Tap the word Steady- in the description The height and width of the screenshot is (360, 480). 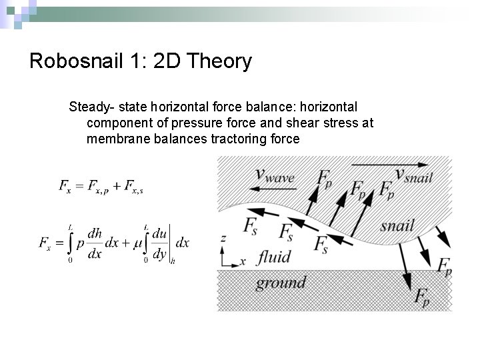click(x=89, y=107)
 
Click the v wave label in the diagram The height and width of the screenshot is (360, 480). click(x=275, y=175)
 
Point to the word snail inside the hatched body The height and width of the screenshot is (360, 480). click(x=397, y=225)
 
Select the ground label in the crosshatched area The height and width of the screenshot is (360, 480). click(x=280, y=283)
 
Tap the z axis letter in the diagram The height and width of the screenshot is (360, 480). click(x=223, y=237)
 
